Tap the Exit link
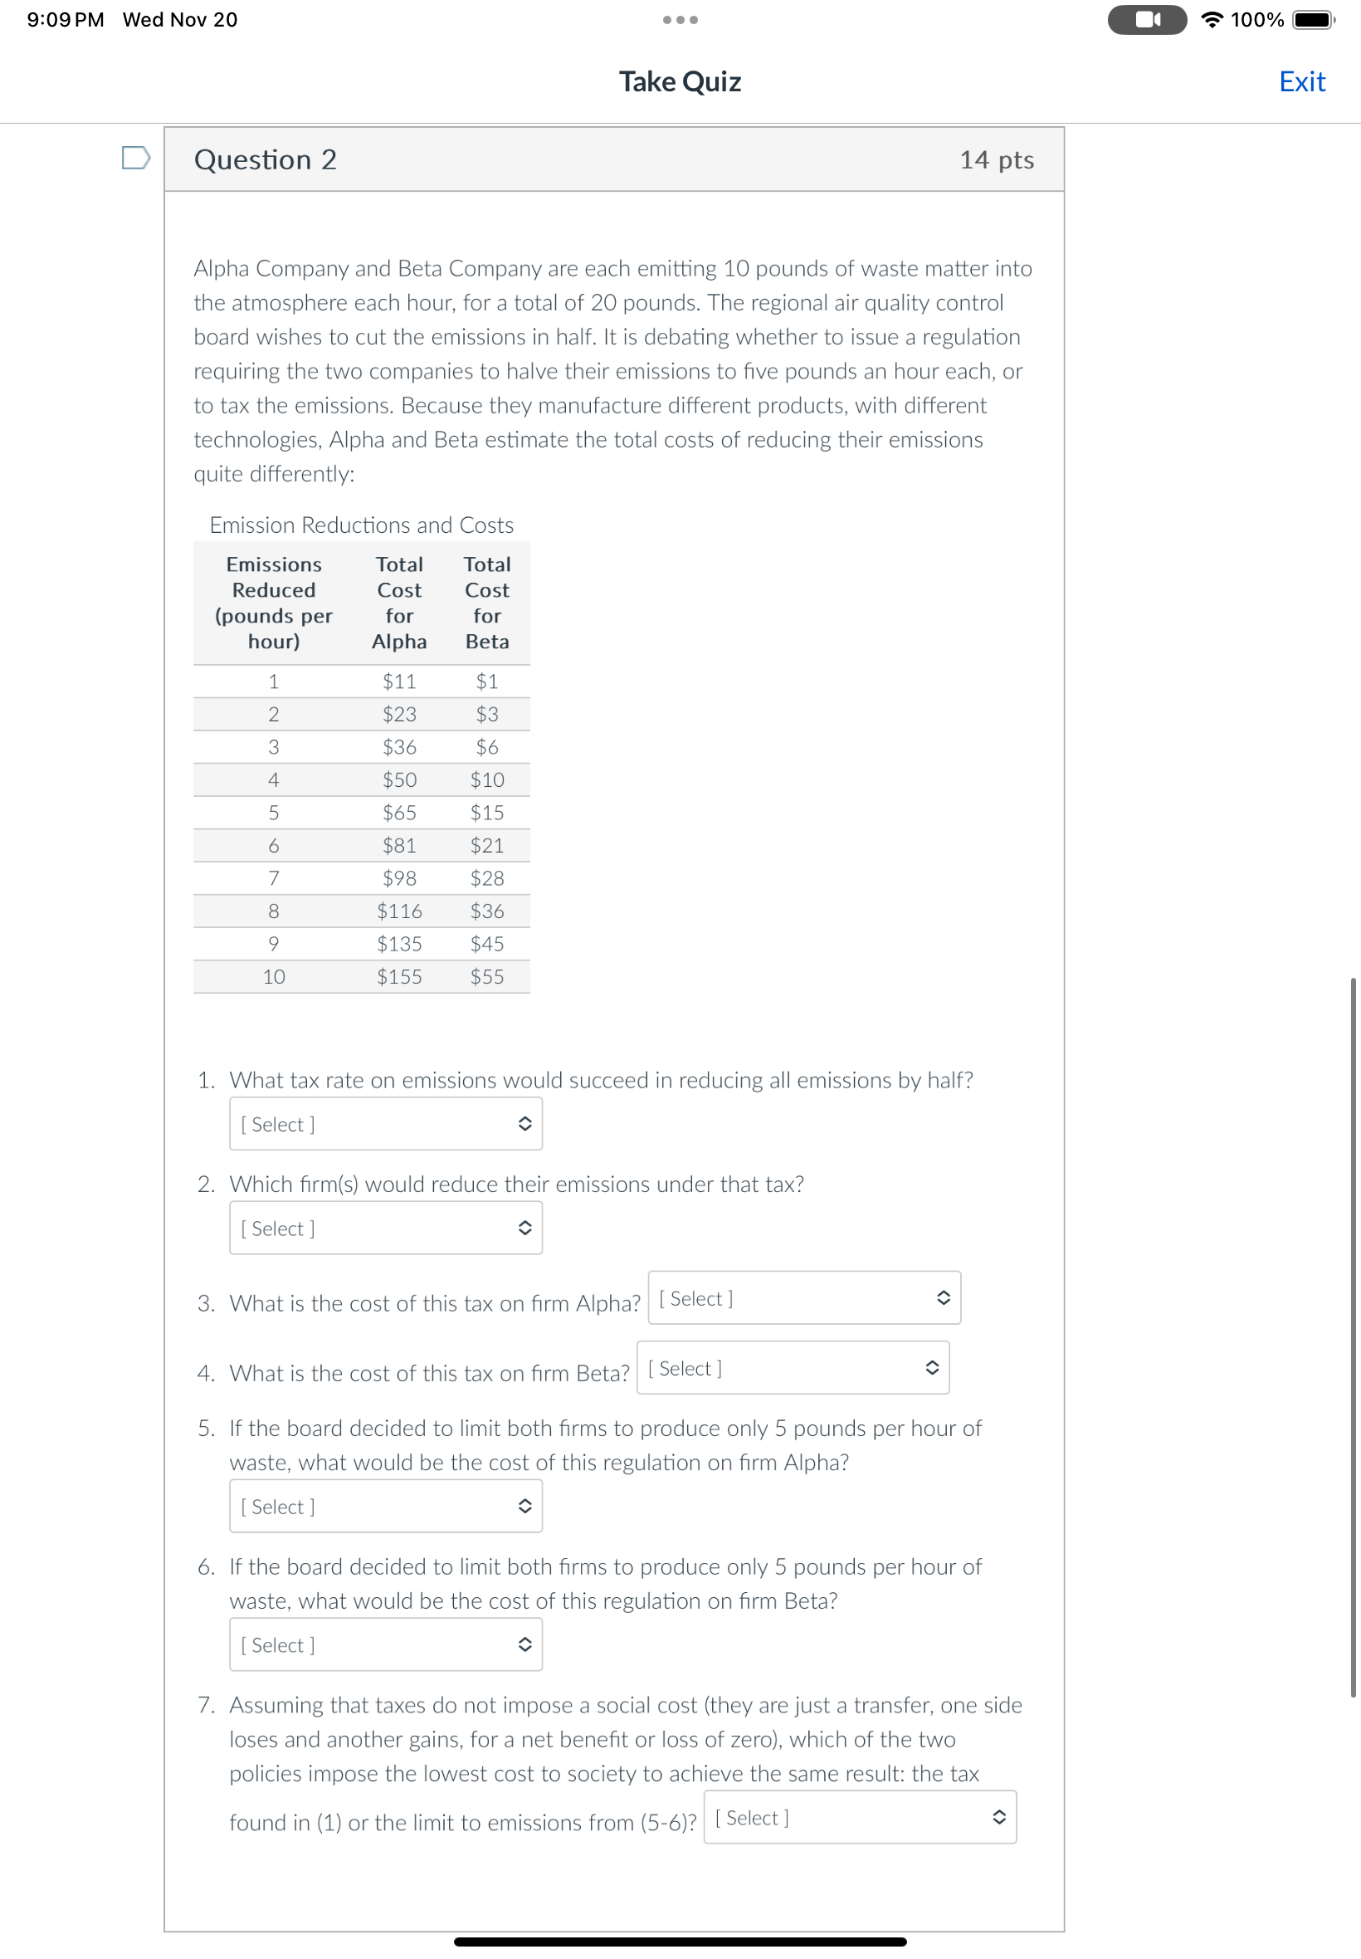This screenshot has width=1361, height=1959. (x=1301, y=82)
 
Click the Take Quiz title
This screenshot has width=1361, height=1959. (x=680, y=82)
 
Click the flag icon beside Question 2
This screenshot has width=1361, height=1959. (x=135, y=158)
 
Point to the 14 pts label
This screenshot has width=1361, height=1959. (x=996, y=159)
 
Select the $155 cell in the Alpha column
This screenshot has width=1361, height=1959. (x=399, y=976)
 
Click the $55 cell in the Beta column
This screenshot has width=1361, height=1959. (x=487, y=976)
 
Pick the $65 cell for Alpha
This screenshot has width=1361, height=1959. (x=399, y=813)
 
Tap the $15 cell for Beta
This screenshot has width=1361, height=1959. (x=487, y=813)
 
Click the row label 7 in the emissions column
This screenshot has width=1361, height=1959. (x=273, y=878)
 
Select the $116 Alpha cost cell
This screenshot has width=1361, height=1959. (x=399, y=911)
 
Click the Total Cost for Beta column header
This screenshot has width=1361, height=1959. (x=487, y=602)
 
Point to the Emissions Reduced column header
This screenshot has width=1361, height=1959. (x=274, y=602)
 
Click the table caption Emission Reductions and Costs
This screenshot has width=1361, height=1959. (x=362, y=525)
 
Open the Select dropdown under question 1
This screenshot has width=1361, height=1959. (x=385, y=1124)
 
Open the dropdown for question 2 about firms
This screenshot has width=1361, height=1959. (x=385, y=1228)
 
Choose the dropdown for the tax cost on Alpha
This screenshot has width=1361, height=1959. (x=803, y=1298)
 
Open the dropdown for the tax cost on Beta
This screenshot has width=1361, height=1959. (x=793, y=1368)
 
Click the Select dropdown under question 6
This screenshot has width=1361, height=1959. (x=385, y=1644)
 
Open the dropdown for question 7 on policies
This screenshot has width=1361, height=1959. (x=860, y=1817)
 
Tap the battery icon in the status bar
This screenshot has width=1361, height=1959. (x=1312, y=20)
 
